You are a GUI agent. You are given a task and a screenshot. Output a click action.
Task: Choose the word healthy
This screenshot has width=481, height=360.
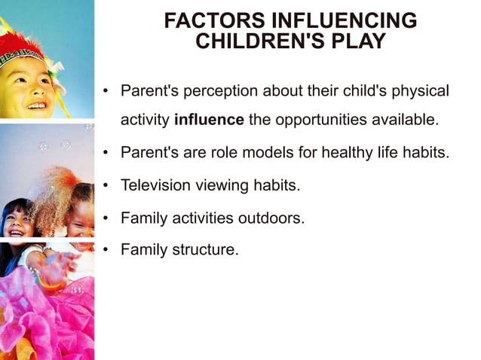(x=347, y=153)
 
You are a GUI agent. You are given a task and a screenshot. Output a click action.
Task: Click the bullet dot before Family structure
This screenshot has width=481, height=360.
(x=106, y=250)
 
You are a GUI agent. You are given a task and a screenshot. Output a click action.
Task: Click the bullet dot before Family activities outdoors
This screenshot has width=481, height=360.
(x=106, y=218)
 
